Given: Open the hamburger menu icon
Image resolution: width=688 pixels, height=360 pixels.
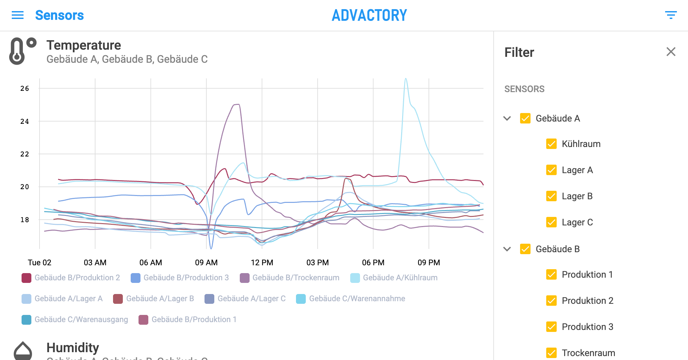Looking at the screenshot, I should (x=18, y=15).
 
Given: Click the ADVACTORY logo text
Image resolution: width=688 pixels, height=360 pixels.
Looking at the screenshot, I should (x=369, y=15).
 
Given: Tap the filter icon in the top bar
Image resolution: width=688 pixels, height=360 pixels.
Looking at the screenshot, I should (x=671, y=15).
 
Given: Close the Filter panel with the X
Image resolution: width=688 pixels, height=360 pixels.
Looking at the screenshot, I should (x=671, y=52).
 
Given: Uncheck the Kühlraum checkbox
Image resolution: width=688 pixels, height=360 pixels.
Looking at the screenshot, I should (x=551, y=144).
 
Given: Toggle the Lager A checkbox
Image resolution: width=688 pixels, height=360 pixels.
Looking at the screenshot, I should (x=551, y=170).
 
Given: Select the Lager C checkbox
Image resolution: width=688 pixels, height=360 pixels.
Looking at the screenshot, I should (x=551, y=222).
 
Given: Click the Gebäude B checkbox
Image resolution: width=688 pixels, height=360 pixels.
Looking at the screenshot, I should (x=525, y=249).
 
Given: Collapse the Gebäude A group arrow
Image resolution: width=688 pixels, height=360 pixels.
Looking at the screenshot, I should (x=507, y=118).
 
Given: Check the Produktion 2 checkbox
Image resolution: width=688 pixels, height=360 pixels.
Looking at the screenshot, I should (x=551, y=301).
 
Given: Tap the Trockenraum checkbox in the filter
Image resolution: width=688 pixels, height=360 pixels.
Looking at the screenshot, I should (x=551, y=353).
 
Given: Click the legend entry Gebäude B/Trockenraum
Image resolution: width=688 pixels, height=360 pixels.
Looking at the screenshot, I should (x=289, y=278).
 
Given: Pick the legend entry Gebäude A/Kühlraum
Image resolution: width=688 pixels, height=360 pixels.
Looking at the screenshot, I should (x=394, y=278).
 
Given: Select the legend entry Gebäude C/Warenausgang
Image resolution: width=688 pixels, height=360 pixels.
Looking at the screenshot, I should (x=75, y=319).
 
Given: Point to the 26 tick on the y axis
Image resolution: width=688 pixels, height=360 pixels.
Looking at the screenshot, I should (x=25, y=89).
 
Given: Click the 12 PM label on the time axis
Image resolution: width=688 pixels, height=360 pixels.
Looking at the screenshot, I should (x=262, y=263).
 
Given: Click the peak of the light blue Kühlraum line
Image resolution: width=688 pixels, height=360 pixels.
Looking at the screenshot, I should (x=406, y=79).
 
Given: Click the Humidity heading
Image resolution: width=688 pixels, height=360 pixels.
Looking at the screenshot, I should (x=73, y=348).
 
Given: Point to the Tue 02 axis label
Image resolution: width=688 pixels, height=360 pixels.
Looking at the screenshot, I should (x=40, y=263).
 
